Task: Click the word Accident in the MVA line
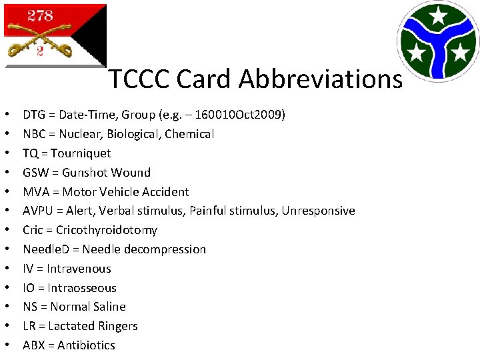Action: pyautogui.click(x=165, y=192)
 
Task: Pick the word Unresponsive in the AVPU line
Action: pyautogui.click(x=318, y=211)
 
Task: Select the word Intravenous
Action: pyautogui.click(x=79, y=269)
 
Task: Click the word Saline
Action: pyautogui.click(x=109, y=307)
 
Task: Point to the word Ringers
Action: pyautogui.click(x=117, y=326)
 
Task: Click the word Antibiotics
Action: pyautogui.click(x=86, y=345)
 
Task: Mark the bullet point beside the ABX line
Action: pyautogui.click(x=7, y=345)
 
